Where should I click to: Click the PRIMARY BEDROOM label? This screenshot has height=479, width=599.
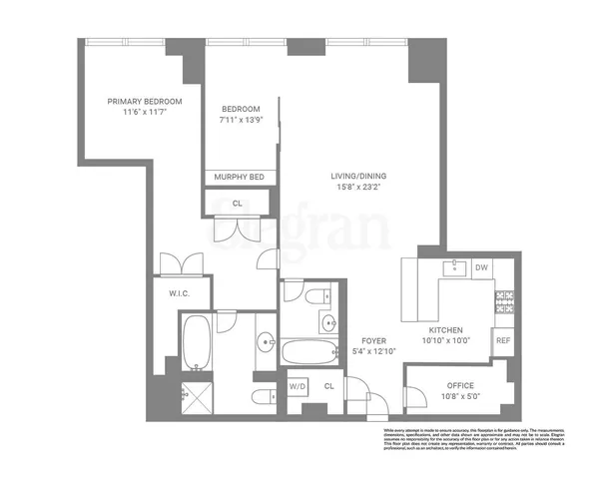pyautogui.click(x=145, y=101)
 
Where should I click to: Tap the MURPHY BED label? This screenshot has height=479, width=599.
pyautogui.click(x=241, y=177)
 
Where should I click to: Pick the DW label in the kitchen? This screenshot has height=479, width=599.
pyautogui.click(x=480, y=267)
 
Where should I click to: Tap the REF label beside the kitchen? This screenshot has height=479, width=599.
pyautogui.click(x=504, y=341)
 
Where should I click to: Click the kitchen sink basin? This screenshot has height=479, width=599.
pyautogui.click(x=454, y=266)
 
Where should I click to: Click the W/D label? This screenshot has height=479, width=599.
pyautogui.click(x=298, y=385)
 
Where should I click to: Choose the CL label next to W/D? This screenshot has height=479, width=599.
pyautogui.click(x=329, y=385)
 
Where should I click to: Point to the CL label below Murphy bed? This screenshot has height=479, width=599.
pyautogui.click(x=237, y=203)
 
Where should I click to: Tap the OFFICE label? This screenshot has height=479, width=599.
pyautogui.click(x=460, y=385)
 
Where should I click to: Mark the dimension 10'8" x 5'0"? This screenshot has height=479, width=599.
pyautogui.click(x=460, y=397)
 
